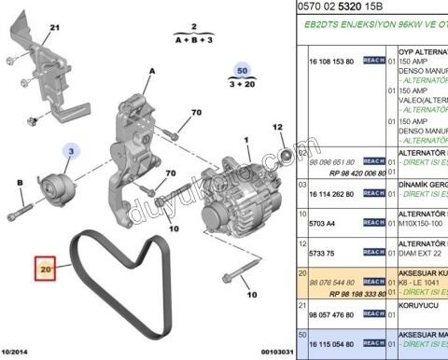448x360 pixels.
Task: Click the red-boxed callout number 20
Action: [46, 269]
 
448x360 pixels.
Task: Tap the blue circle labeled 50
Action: [243, 71]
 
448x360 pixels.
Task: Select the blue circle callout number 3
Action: [71, 149]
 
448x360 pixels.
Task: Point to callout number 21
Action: [28, 29]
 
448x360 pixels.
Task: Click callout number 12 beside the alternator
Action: [277, 127]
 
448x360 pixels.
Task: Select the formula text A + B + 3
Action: [193, 41]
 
